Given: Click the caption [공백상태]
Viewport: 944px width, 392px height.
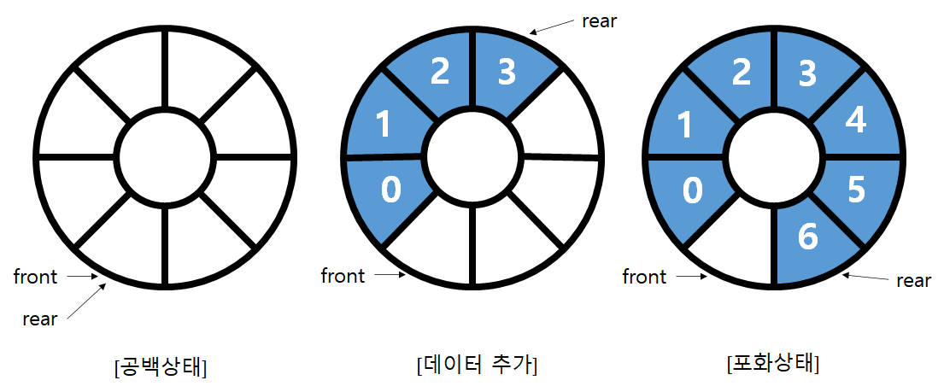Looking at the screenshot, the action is [162, 366].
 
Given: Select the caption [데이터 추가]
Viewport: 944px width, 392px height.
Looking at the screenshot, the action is [475, 366].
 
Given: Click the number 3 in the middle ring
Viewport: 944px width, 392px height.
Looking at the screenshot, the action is [507, 73].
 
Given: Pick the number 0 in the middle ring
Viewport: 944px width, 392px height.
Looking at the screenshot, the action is [390, 190].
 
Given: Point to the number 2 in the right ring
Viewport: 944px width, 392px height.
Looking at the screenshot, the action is [742, 73].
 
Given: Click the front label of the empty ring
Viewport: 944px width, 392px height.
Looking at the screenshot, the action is [35, 276].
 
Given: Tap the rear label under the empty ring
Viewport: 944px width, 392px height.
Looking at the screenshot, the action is [40, 319].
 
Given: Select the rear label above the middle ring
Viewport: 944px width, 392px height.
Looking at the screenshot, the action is [599, 21].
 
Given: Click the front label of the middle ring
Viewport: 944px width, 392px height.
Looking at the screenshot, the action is [343, 276].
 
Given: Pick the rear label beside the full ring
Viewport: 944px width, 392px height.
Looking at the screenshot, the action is [913, 280].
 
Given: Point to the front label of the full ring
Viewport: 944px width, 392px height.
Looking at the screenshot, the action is [644, 276].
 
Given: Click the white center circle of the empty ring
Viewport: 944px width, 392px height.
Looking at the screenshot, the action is [162, 157].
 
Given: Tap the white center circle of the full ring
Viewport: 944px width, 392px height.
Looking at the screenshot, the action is [776, 157].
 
